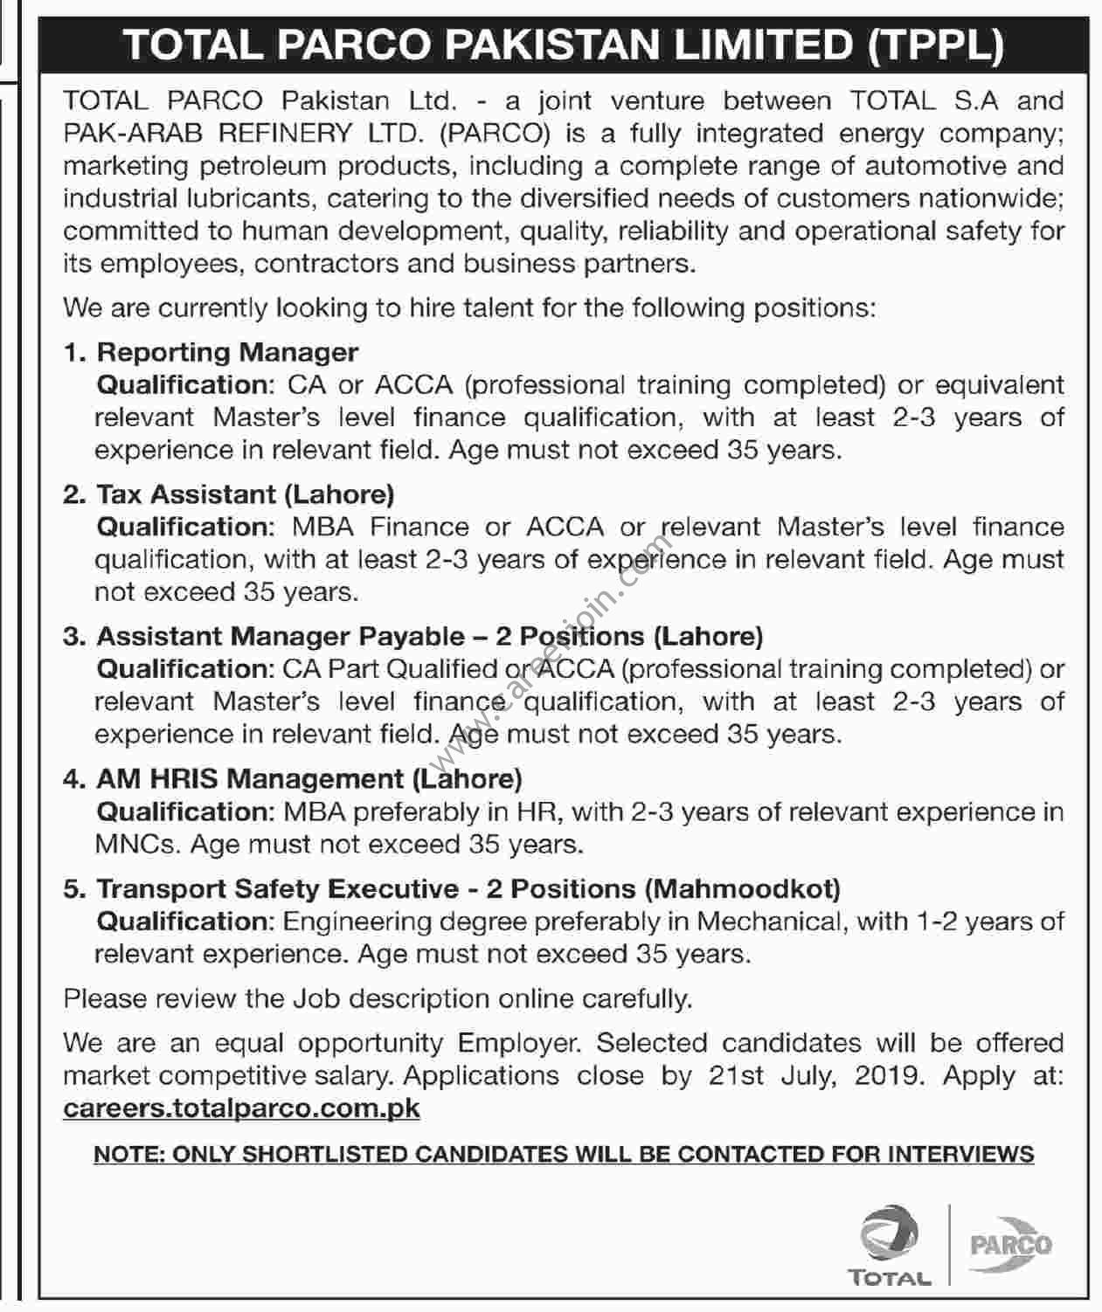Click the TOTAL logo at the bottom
point(888,1245)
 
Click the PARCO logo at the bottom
point(1010,1244)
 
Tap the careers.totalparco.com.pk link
point(241,1108)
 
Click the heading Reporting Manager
point(227,352)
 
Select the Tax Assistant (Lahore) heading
point(245,494)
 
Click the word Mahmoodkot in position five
point(742,888)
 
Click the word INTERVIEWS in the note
point(960,1154)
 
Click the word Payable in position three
point(415,637)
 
